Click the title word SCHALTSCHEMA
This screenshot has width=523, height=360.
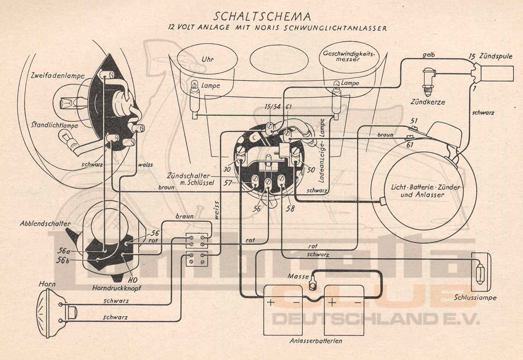click(x=263, y=17)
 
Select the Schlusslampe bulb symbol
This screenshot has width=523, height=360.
click(x=480, y=274)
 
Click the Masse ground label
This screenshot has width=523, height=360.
click(x=298, y=277)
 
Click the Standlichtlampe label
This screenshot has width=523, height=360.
click(x=54, y=125)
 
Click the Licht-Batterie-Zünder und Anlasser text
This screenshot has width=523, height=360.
click(x=422, y=190)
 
